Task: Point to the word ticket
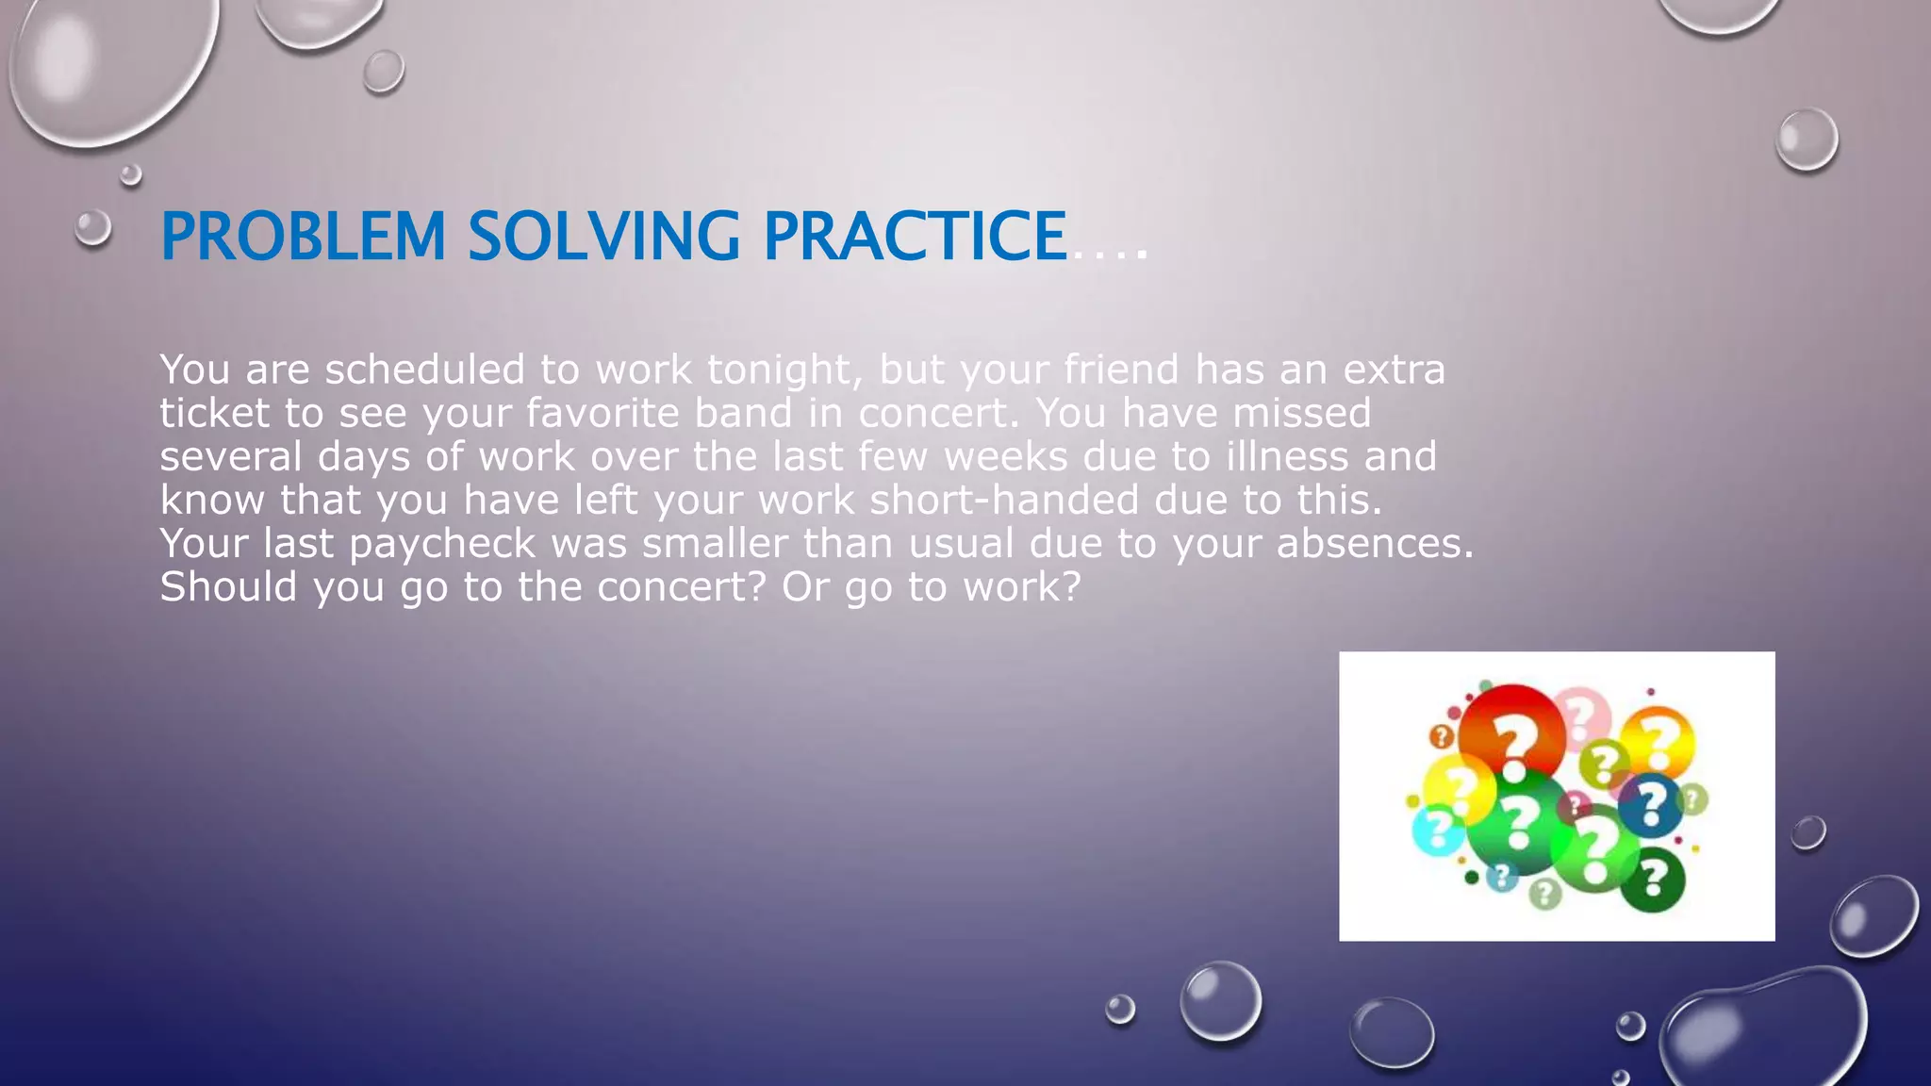click(x=214, y=413)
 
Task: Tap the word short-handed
click(x=1004, y=500)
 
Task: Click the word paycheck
click(x=442, y=544)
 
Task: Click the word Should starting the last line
click(x=228, y=587)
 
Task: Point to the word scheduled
click(x=424, y=370)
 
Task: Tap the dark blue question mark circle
click(x=1650, y=805)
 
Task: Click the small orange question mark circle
click(x=1442, y=736)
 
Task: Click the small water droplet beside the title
click(x=92, y=227)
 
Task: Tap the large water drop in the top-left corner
click(x=108, y=66)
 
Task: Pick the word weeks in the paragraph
click(x=1005, y=456)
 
